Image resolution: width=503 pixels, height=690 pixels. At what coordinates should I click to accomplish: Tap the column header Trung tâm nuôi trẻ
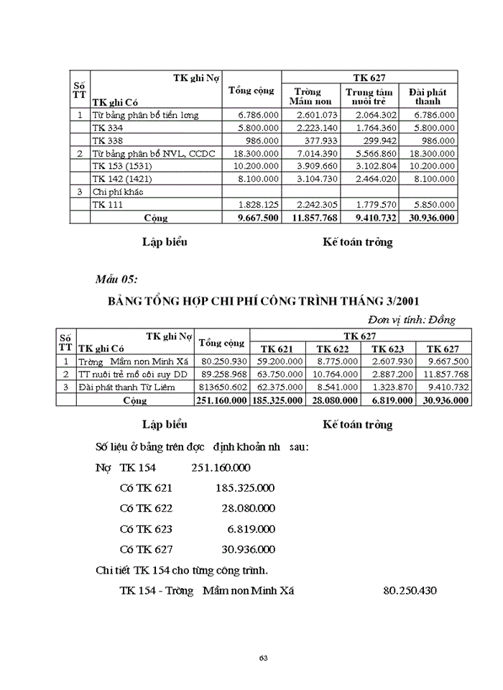[x=369, y=96]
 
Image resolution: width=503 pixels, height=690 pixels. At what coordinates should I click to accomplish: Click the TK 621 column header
[x=277, y=349]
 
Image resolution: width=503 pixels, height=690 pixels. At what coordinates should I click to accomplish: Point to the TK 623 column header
[x=388, y=349]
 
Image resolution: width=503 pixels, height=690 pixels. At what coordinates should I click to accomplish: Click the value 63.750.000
[x=277, y=374]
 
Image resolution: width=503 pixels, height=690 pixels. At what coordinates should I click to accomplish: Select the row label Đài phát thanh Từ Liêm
[x=121, y=387]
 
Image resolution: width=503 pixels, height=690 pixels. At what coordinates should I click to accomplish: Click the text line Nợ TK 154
[x=125, y=468]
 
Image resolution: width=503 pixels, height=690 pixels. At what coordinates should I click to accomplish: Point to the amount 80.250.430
[x=410, y=590]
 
